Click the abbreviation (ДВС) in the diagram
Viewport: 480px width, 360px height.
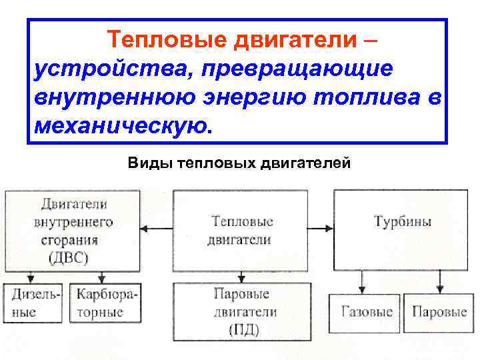[x=69, y=259]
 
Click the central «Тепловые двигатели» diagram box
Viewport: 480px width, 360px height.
[x=241, y=230]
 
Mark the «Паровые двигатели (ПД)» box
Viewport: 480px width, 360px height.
[x=241, y=311]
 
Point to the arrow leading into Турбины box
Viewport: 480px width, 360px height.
[x=325, y=229]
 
